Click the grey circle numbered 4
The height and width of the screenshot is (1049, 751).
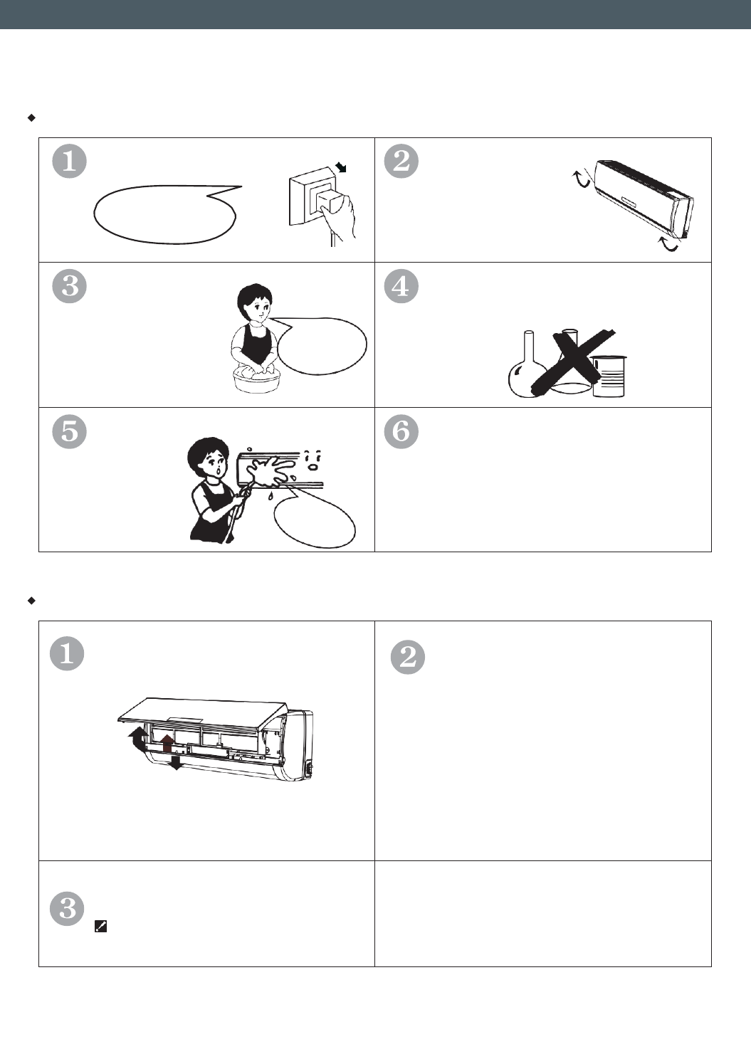click(401, 286)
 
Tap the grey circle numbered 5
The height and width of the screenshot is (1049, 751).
click(69, 431)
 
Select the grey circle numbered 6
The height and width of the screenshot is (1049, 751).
click(401, 431)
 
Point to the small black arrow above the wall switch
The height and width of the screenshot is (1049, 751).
click(341, 167)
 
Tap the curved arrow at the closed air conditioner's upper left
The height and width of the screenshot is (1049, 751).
click(582, 179)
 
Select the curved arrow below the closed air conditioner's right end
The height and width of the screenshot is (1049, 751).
click(668, 244)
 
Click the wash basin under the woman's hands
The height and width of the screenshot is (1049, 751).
click(256, 380)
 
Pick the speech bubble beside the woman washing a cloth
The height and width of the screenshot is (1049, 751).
click(321, 346)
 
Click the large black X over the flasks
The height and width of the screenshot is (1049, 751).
click(572, 360)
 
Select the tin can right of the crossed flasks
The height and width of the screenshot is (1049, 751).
click(609, 376)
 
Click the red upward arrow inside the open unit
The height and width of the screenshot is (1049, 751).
click(167, 743)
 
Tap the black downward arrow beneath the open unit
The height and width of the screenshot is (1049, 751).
click(176, 762)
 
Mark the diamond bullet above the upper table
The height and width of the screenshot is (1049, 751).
click(31, 117)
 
